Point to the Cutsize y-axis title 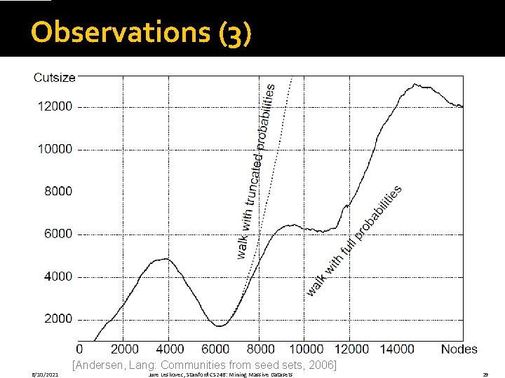[x=54, y=78]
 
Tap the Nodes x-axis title [x=459, y=349]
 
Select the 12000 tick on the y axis [x=55, y=106]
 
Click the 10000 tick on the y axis [x=55, y=149]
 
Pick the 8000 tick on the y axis [x=58, y=191]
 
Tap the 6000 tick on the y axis [x=58, y=234]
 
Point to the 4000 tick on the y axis [x=58, y=276]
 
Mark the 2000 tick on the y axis [x=58, y=318]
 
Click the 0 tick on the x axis [x=79, y=349]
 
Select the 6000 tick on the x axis [x=215, y=349]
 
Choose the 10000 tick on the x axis [x=306, y=349]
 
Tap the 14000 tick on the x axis [x=397, y=349]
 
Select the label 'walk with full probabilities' [x=355, y=239]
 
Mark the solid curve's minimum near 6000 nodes [x=220, y=326]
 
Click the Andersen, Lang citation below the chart [x=204, y=365]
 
